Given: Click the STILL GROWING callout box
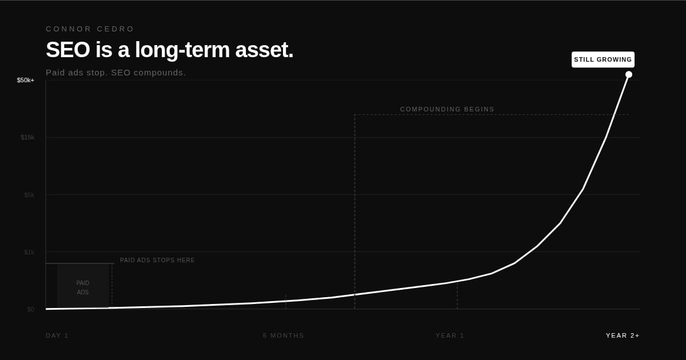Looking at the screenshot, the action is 603,59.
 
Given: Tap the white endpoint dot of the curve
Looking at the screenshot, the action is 628,74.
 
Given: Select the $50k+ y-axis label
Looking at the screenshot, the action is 26,80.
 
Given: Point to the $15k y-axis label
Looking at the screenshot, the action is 27,137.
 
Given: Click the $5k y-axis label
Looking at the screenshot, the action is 29,195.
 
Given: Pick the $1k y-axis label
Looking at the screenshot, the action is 29,252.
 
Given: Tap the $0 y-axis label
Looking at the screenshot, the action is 31,309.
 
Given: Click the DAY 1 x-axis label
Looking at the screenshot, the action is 57,335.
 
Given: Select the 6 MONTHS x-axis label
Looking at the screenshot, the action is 284,335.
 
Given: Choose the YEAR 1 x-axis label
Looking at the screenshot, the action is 450,335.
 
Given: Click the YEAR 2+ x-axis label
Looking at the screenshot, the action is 623,335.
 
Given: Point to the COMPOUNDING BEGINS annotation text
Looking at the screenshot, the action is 447,109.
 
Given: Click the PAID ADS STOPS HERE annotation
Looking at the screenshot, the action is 157,260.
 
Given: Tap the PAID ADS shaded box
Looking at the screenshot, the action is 83,286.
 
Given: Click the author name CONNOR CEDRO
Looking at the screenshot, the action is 90,29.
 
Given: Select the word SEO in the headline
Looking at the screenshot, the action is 68,50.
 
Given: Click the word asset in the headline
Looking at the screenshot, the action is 264,50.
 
